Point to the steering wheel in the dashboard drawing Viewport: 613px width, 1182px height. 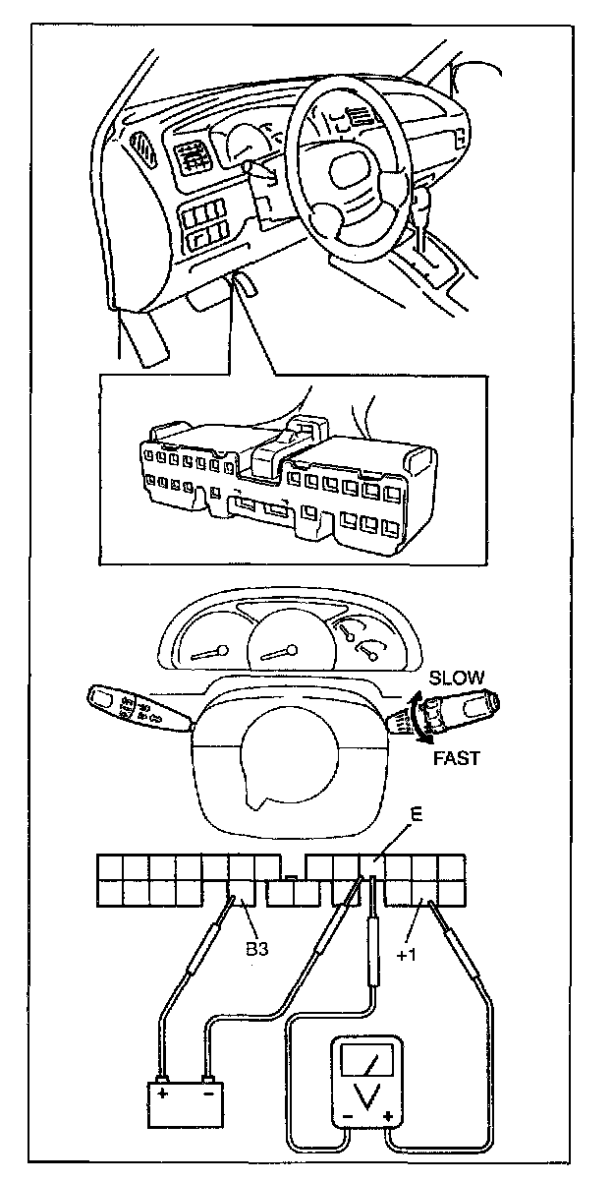click(354, 177)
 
